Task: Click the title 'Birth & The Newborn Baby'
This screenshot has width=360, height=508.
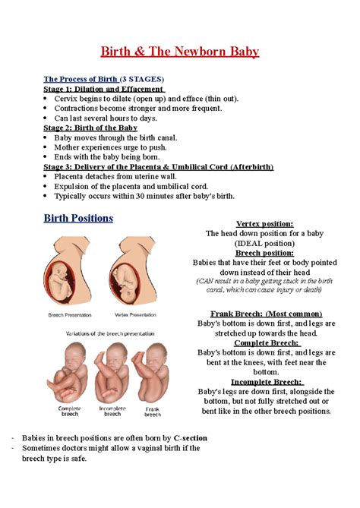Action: coord(181,52)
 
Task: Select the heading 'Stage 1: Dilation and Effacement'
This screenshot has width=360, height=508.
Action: coord(104,89)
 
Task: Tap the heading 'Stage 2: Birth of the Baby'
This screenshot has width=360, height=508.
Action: coord(90,128)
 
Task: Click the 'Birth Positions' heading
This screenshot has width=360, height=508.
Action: coord(78,218)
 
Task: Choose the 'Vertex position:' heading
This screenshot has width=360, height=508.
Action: coord(264,223)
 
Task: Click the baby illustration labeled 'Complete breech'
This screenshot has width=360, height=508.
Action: coord(69,373)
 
